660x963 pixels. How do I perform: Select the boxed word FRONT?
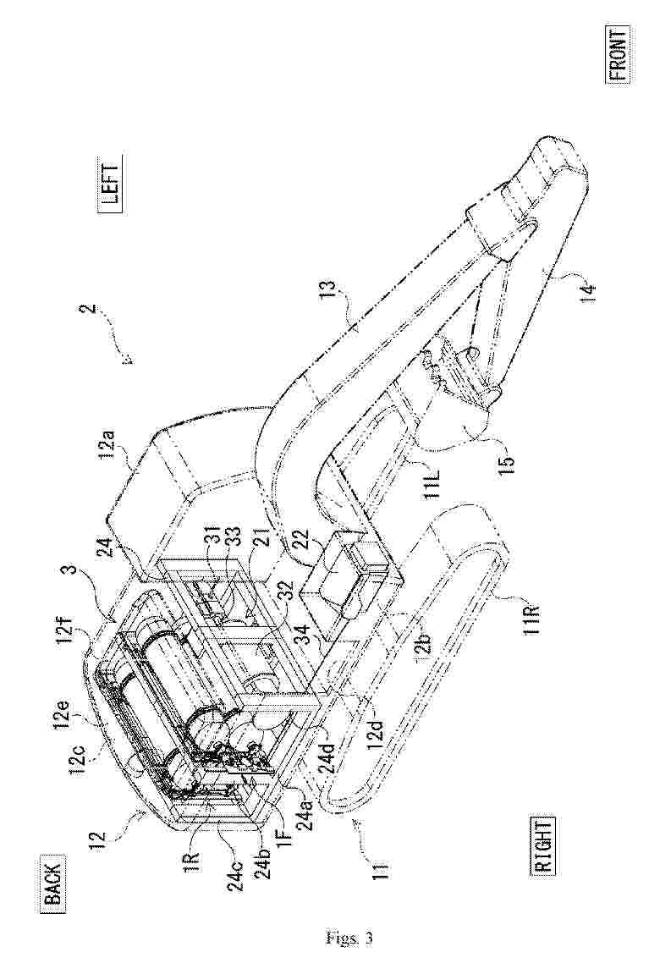tap(619, 53)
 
